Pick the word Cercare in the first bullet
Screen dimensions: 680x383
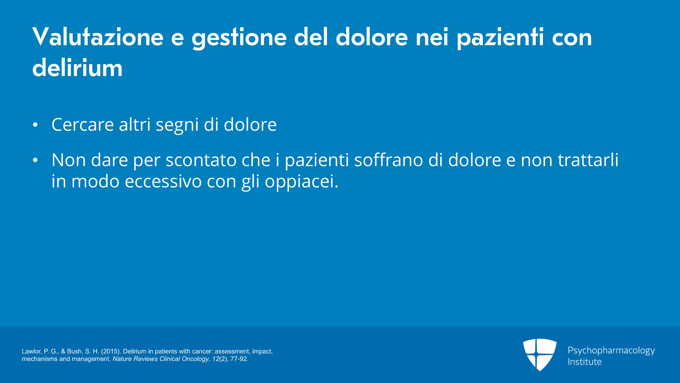[x=83, y=124]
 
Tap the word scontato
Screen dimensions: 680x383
[x=201, y=160]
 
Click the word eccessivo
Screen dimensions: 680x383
[x=163, y=181]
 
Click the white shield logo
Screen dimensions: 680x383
[x=540, y=355]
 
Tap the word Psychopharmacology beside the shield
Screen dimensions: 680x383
[x=611, y=351]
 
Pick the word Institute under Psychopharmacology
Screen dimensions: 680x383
[x=584, y=362]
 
